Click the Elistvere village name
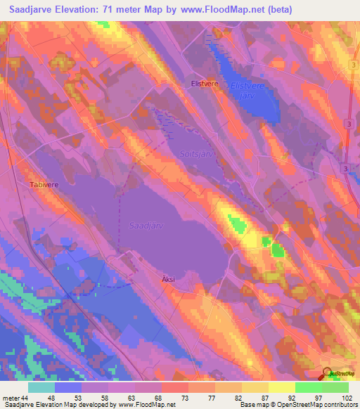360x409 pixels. click(206, 83)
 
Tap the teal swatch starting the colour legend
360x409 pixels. click(41, 387)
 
